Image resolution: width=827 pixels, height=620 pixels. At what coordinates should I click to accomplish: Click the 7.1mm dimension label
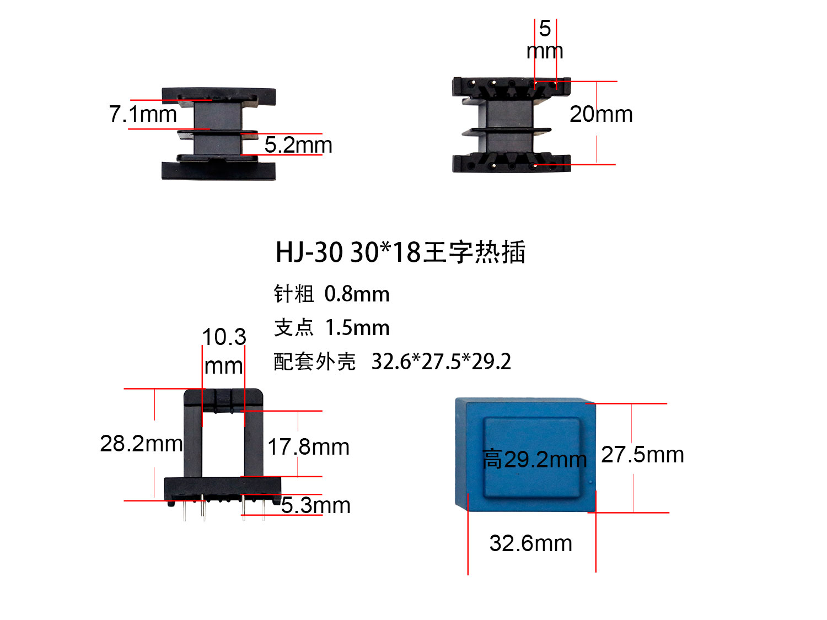tap(143, 114)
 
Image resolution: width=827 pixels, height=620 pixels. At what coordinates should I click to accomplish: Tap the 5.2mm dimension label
tap(298, 145)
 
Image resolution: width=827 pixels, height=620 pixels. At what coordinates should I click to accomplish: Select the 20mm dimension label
tap(601, 114)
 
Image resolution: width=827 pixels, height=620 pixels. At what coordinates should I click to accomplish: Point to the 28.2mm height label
tap(141, 444)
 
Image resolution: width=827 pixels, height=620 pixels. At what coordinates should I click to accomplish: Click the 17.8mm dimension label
tap(309, 447)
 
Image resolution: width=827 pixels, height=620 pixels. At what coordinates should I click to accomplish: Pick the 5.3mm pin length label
tap(316, 505)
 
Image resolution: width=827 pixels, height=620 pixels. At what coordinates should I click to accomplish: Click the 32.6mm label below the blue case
tap(530, 543)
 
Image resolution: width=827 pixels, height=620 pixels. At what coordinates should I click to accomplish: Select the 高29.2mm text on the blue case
tap(534, 459)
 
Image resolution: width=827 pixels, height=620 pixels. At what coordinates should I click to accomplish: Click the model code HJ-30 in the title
tap(309, 252)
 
